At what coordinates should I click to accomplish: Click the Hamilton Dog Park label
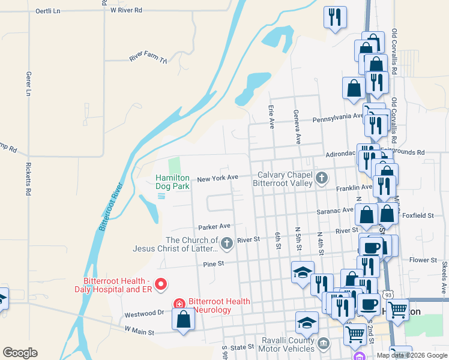tap(173, 182)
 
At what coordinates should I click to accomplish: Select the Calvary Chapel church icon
tap(322, 177)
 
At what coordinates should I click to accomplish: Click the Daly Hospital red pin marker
tap(161, 284)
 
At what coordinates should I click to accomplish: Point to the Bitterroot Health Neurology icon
tap(179, 304)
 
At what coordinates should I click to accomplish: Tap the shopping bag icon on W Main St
tap(183, 320)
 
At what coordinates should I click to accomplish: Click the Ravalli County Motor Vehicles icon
tap(324, 343)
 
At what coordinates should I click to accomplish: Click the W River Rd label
tap(127, 10)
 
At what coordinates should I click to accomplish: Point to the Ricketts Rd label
tap(28, 179)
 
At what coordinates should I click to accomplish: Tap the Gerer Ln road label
tap(28, 84)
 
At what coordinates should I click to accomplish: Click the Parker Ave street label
tap(215, 227)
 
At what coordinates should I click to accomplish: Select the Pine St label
tap(213, 263)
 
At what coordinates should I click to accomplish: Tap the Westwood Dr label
tap(144, 313)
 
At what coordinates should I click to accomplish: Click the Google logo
tap(20, 353)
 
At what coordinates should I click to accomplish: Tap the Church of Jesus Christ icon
tap(226, 243)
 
